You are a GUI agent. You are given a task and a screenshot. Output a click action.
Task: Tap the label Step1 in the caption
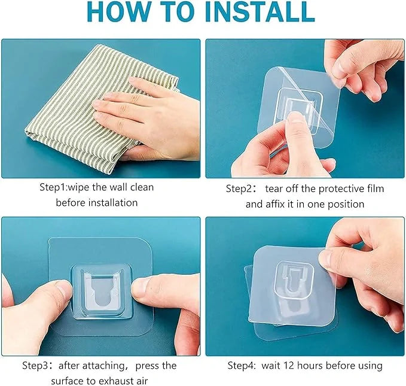coord(54,187)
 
